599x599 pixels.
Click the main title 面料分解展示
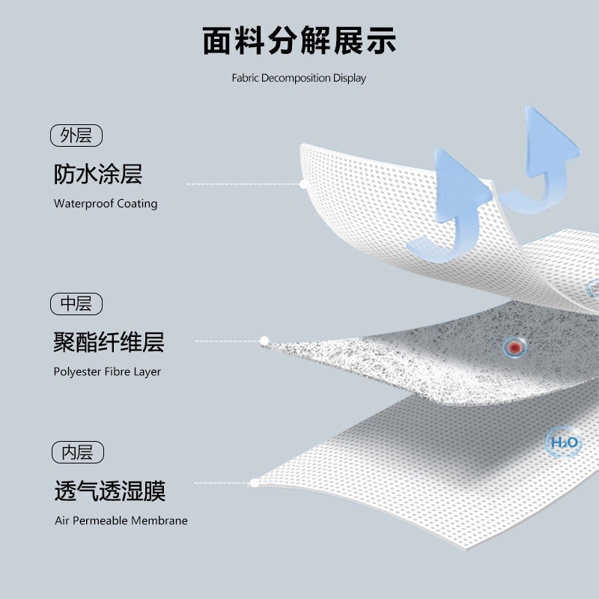(299, 40)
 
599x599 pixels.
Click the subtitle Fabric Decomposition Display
(299, 78)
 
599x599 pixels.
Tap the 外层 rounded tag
(76, 136)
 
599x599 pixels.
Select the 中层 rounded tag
(76, 304)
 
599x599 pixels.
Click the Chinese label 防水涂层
(98, 174)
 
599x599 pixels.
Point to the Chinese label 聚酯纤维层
(109, 343)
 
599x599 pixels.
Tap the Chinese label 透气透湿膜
(109, 491)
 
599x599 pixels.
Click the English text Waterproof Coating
(106, 204)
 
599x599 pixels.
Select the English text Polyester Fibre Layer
(107, 371)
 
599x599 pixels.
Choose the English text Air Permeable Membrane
(121, 520)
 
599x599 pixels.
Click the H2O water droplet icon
(564, 443)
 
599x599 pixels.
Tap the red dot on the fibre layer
(514, 347)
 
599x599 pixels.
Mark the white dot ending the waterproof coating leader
(303, 183)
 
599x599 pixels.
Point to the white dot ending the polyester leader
(264, 341)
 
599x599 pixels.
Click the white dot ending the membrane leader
(255, 484)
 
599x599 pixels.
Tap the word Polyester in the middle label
(75, 371)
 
